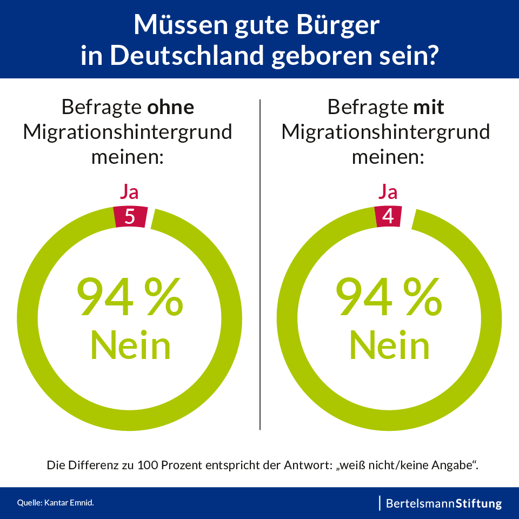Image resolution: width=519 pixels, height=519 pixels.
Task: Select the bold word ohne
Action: click(x=171, y=107)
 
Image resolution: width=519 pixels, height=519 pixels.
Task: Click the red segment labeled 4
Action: click(x=388, y=216)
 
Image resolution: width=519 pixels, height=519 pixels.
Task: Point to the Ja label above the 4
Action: click(x=388, y=192)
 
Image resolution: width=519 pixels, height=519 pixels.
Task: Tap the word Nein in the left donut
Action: click(x=130, y=344)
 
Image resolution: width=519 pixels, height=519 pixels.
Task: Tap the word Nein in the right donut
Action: click(x=389, y=344)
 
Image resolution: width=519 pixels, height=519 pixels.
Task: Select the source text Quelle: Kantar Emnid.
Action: click(x=56, y=503)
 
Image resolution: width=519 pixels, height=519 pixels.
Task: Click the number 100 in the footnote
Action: click(x=148, y=465)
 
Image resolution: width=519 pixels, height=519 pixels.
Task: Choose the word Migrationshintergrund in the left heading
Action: click(x=128, y=132)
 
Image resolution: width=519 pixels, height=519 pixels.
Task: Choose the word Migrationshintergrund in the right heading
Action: click(x=386, y=132)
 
